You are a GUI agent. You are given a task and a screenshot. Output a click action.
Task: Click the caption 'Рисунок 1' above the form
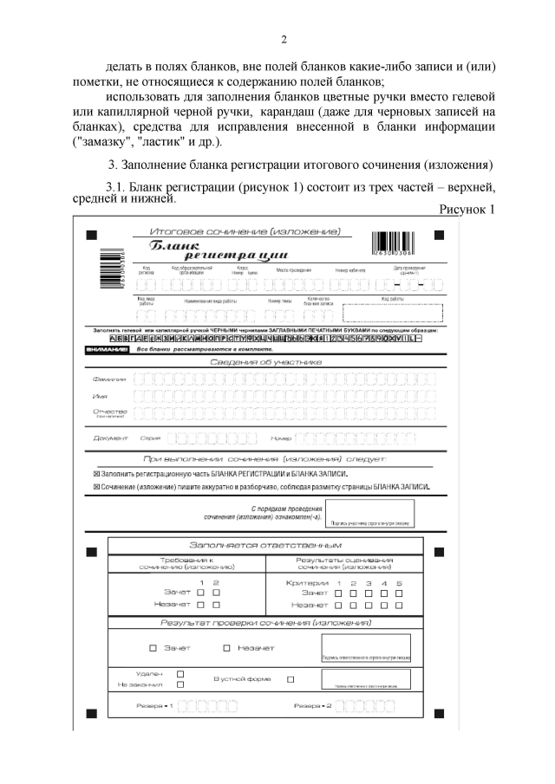467,210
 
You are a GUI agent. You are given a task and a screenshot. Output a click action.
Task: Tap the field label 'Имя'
101,396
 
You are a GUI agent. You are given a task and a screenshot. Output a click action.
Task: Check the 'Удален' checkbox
180,672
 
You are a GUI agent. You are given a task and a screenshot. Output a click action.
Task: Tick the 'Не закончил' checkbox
180,684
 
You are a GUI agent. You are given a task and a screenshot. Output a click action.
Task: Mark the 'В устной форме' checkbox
291,678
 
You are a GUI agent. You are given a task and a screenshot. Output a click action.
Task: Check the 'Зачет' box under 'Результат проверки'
153,648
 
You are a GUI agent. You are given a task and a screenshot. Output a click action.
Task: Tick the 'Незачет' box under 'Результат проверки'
226,648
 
